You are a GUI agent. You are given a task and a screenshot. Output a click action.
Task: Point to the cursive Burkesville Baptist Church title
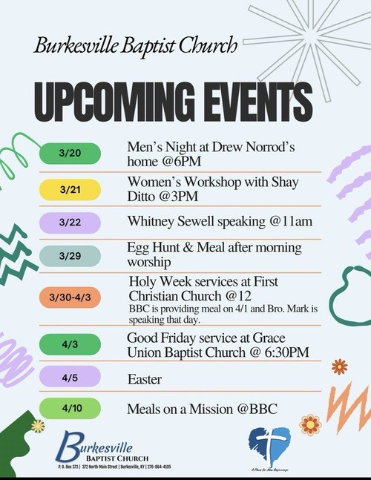135,45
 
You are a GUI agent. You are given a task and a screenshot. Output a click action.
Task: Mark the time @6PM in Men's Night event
188,160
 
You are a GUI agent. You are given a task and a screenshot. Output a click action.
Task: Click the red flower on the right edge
339,366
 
